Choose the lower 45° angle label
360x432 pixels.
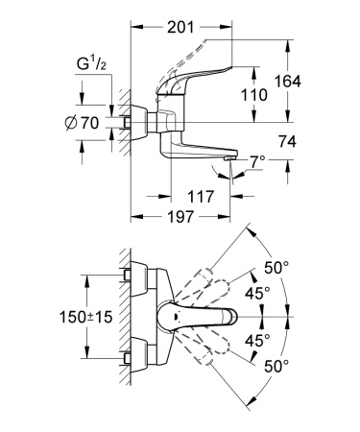tap(256, 341)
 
